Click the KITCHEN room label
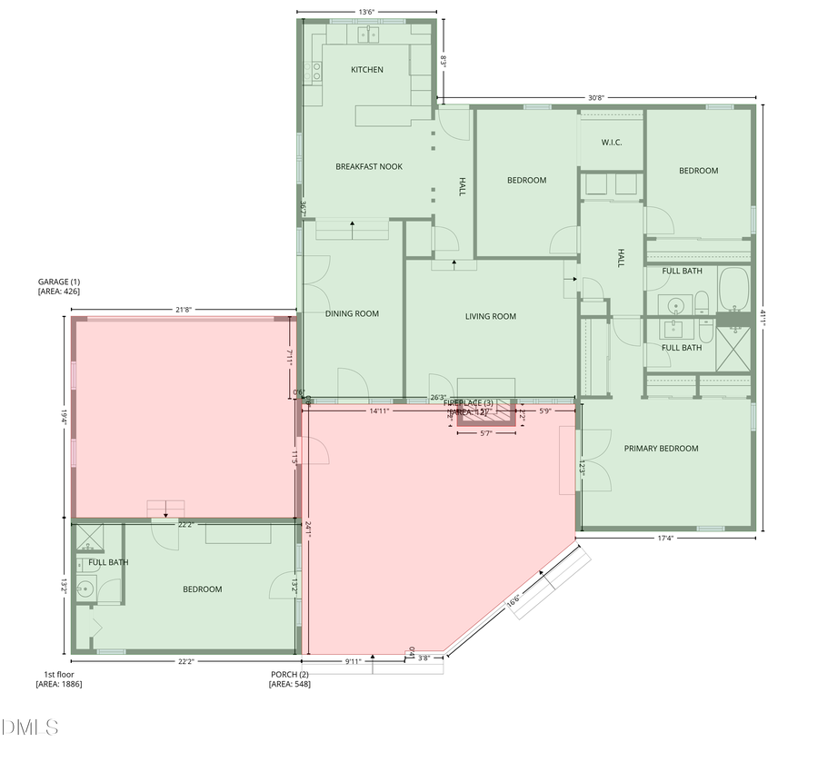coord(367,70)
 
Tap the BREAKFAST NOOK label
coord(369,166)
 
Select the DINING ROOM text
coord(352,314)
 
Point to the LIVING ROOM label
coord(491,317)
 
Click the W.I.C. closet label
coord(612,143)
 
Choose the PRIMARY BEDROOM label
coord(661,449)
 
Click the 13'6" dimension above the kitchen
coord(367,12)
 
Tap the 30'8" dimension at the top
coord(596,97)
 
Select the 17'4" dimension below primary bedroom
coord(665,539)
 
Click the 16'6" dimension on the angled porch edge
coord(514,600)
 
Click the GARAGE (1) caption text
coord(59,282)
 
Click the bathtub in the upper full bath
coord(734,290)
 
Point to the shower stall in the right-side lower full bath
coord(734,349)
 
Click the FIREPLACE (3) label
coord(468,402)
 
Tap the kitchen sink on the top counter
coord(367,35)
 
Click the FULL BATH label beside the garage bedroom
coord(108,562)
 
